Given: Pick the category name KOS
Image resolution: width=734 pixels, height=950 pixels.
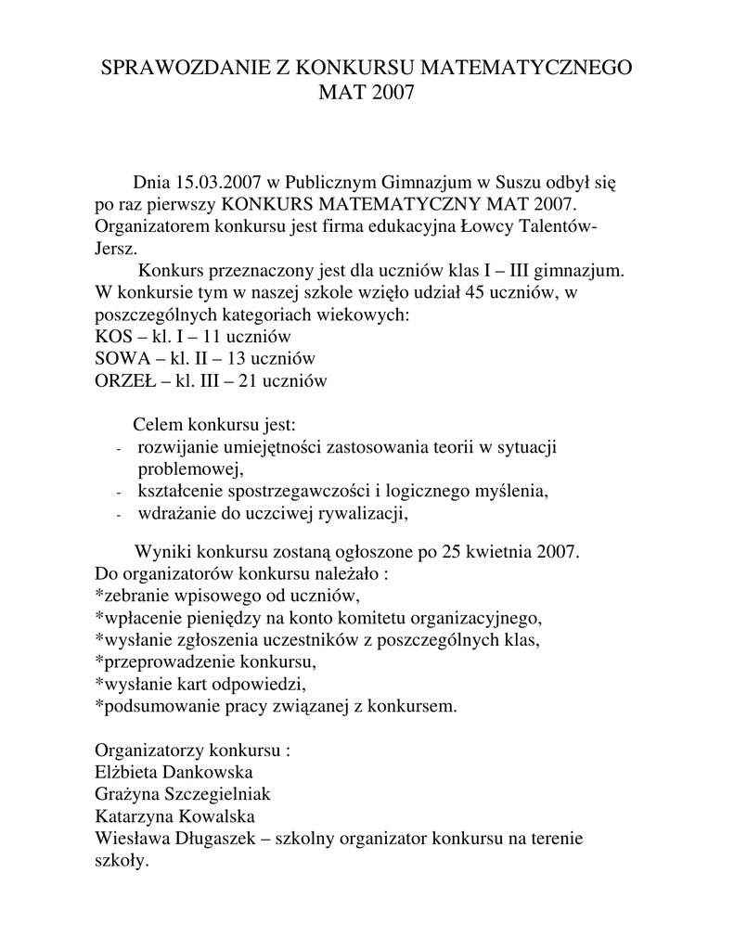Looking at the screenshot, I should [x=114, y=338].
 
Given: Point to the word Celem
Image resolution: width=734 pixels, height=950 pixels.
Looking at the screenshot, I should [x=158, y=426].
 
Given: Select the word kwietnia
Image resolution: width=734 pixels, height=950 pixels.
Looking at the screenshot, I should [x=503, y=551].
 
